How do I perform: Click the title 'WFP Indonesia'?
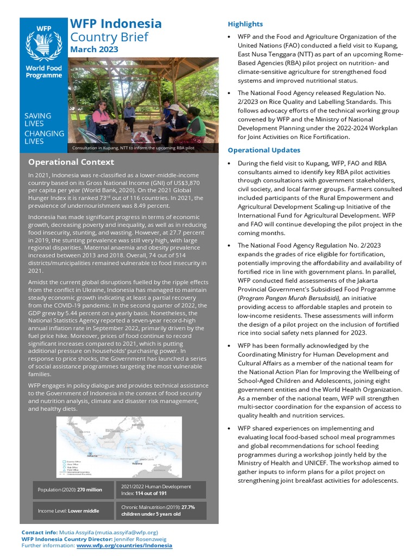click(x=116, y=24)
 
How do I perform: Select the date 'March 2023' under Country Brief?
click(x=94, y=49)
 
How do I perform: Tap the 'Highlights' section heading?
click(x=245, y=24)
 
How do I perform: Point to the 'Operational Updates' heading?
click(x=264, y=150)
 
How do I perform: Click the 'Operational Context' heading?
click(x=71, y=162)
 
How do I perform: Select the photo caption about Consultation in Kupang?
click(x=133, y=148)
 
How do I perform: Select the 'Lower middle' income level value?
click(x=83, y=511)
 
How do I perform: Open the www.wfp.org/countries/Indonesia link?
click(x=124, y=545)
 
